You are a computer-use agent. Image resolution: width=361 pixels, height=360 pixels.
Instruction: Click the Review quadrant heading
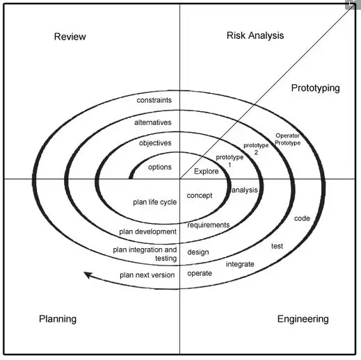(x=70, y=37)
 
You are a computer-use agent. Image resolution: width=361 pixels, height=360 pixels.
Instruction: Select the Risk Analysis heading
(x=255, y=35)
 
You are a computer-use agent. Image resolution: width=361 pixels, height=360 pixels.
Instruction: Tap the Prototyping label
(x=315, y=88)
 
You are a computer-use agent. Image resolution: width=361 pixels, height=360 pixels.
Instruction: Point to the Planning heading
(x=58, y=319)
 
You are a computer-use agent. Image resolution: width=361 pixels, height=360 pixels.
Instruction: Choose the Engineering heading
(x=303, y=319)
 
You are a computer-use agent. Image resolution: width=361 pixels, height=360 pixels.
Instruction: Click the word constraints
(x=154, y=100)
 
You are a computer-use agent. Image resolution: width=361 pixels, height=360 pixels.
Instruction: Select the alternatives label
(x=152, y=122)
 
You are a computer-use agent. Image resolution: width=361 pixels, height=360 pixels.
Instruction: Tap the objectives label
(x=155, y=143)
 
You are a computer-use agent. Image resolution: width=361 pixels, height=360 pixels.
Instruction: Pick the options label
(x=160, y=167)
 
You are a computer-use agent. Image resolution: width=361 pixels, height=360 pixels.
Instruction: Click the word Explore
(x=206, y=172)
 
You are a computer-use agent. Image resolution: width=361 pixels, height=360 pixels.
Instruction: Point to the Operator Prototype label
(x=287, y=139)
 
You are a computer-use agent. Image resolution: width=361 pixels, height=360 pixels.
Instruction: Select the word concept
(x=200, y=195)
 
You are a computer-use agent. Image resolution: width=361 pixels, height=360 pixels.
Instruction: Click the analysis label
(x=245, y=190)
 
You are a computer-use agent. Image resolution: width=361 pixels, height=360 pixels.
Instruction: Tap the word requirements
(x=209, y=225)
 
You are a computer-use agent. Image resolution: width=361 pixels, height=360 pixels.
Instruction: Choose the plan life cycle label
(x=154, y=202)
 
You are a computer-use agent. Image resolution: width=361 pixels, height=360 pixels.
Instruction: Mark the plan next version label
(x=147, y=275)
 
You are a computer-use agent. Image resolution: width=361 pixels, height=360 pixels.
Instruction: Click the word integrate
(x=240, y=264)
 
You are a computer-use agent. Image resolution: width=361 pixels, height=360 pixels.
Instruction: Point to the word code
(x=302, y=218)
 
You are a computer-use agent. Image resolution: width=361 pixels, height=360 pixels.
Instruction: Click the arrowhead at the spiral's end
(x=85, y=274)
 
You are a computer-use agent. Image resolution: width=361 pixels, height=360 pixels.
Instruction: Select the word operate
(x=200, y=274)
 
